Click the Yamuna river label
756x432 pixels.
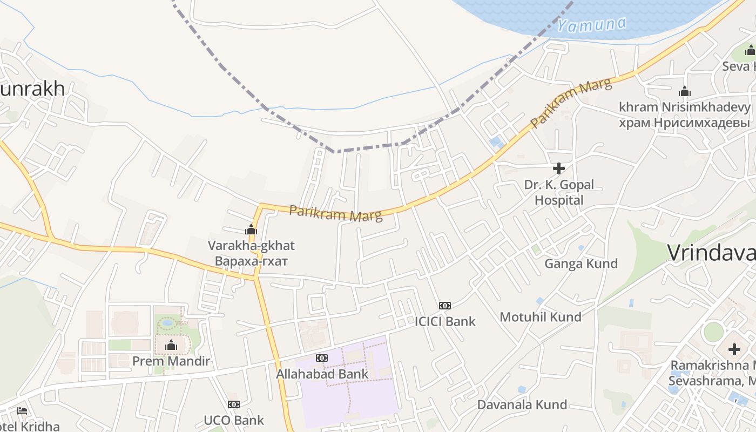tap(591, 24)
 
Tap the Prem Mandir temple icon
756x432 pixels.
tap(171, 345)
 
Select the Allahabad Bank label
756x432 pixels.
tap(322, 374)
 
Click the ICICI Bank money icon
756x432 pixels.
tap(445, 306)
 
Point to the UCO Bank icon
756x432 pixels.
tap(233, 404)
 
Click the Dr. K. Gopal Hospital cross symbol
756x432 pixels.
tap(559, 168)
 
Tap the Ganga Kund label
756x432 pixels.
tap(580, 264)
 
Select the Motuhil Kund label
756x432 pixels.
tap(541, 317)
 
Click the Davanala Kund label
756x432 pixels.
tap(522, 404)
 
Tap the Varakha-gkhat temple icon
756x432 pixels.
tap(251, 230)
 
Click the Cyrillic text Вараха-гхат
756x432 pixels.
tap(251, 261)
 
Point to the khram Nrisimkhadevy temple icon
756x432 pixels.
tap(685, 91)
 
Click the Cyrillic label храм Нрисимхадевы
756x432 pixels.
tap(685, 123)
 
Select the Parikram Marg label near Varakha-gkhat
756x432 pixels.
tap(335, 213)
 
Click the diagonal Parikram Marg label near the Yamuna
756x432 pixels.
tap(571, 103)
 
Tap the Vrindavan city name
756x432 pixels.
tap(711, 253)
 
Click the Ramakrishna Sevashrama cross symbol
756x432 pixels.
tap(734, 349)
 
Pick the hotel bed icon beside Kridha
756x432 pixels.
tap(22, 411)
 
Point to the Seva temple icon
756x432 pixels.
tap(751, 51)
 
